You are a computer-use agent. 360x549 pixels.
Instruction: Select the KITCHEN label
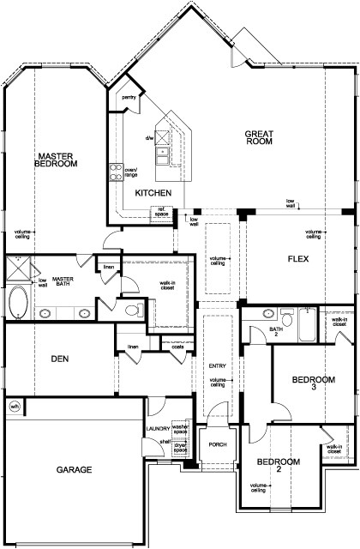point(153,192)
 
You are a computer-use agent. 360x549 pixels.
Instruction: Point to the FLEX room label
point(297,257)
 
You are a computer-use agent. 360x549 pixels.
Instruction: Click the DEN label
point(58,358)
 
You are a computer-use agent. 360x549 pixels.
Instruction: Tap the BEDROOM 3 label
point(305,382)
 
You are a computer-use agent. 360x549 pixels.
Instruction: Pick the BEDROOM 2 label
point(273,467)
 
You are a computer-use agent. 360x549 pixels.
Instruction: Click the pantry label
point(129,98)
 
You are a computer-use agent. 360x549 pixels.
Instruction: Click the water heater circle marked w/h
point(14,406)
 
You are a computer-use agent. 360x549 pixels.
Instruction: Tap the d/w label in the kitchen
point(149,137)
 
